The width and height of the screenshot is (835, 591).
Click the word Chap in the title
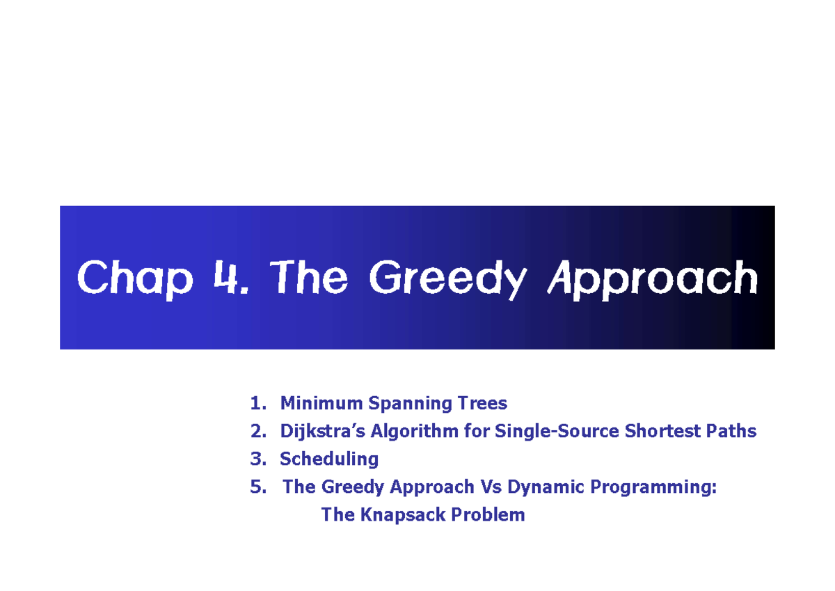coord(134,278)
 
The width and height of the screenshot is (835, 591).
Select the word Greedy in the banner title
coord(447,278)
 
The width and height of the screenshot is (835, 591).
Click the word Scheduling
coord(329,459)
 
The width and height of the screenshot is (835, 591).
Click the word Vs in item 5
coord(491,487)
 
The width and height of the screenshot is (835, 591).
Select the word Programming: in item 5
coord(653,487)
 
